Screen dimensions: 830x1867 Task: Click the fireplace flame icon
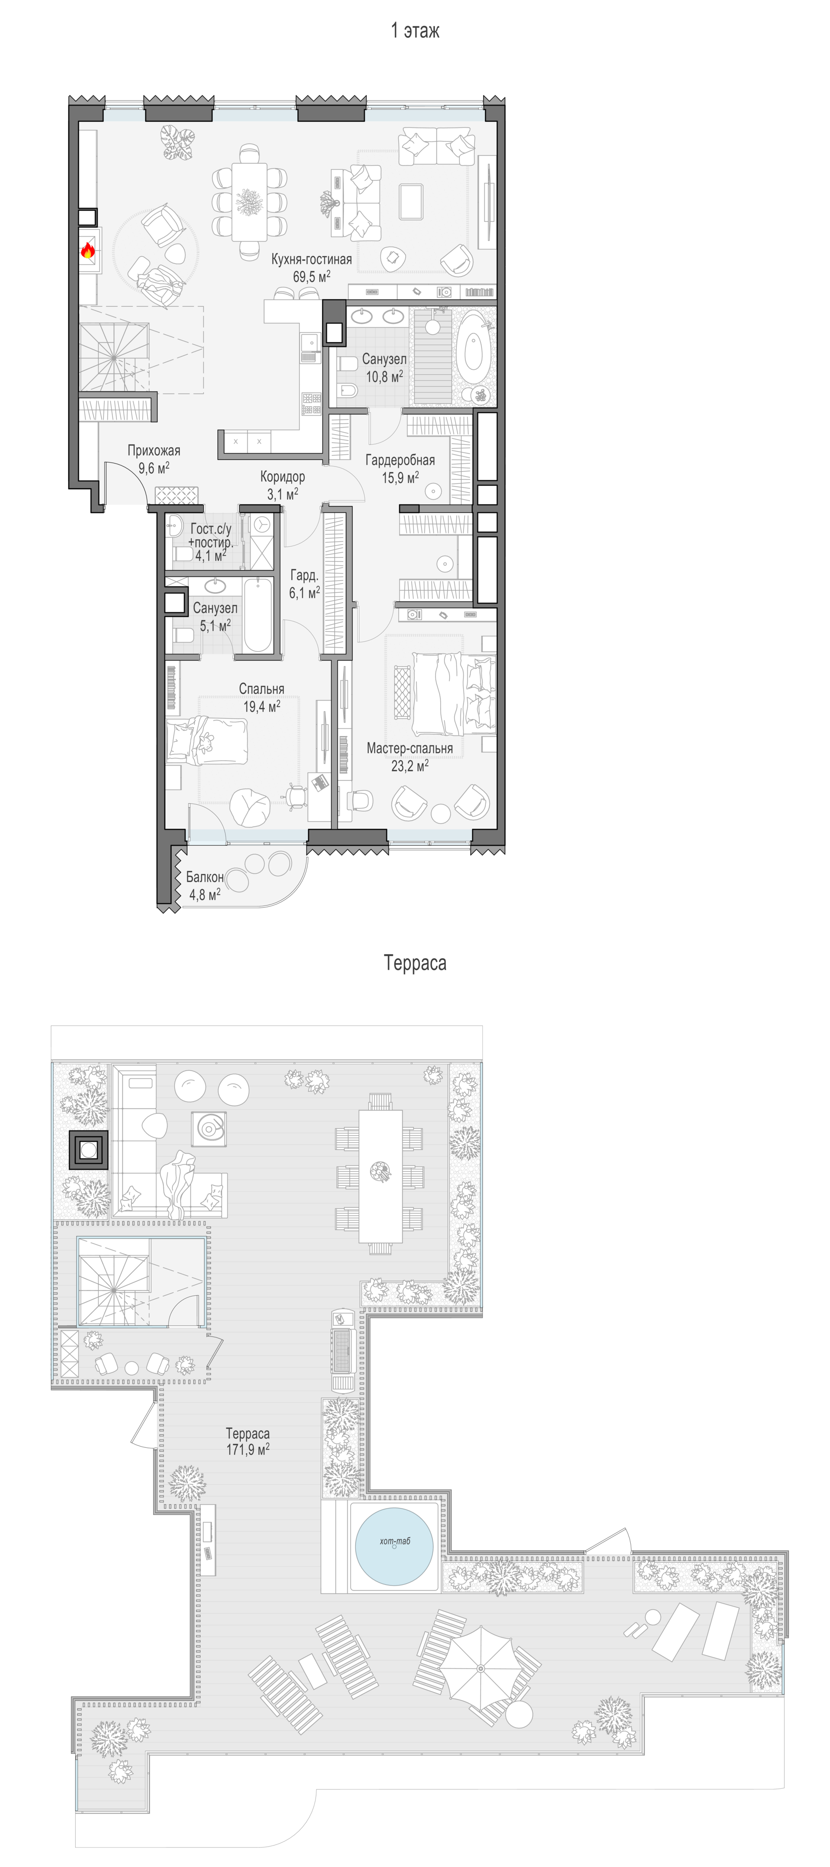click(88, 251)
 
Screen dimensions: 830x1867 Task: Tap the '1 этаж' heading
click(415, 30)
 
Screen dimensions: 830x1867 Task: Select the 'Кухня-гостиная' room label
click(312, 259)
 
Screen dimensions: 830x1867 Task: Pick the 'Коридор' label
click(283, 477)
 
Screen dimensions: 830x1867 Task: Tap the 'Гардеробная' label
click(400, 460)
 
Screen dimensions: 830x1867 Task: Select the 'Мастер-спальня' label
click(409, 748)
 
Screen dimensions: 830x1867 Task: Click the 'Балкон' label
click(205, 877)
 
